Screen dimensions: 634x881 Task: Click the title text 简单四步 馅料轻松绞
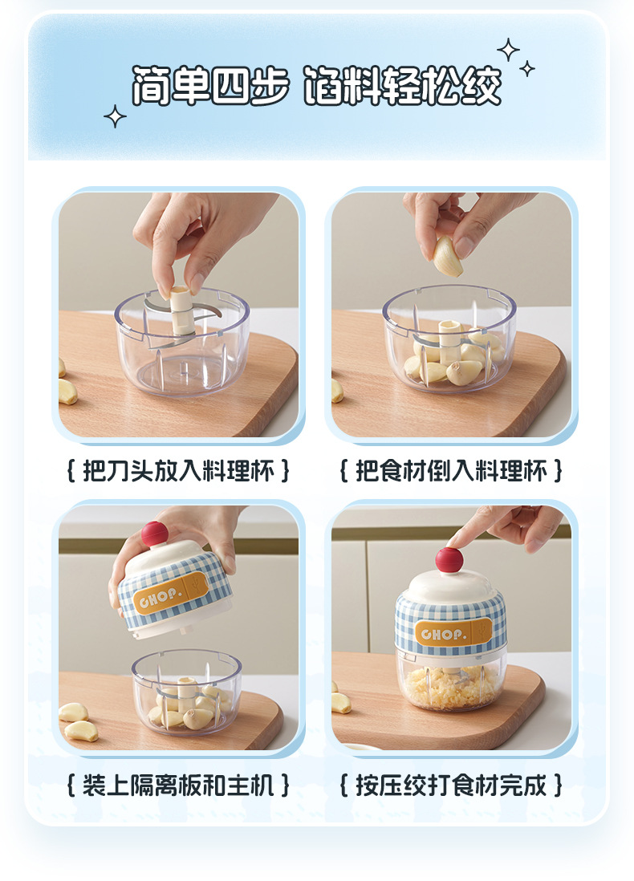316,85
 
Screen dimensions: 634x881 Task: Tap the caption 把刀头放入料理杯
178,471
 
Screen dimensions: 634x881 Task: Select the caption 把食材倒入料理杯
451,471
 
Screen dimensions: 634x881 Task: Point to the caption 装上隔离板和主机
178,785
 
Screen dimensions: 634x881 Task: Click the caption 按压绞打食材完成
451,785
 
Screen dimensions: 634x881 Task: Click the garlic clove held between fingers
447,257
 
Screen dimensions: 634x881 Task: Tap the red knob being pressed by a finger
449,560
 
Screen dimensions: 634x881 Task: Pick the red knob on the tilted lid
155,534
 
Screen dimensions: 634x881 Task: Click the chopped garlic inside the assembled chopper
445,687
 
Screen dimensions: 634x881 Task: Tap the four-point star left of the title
115,116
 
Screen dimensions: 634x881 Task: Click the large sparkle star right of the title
508,50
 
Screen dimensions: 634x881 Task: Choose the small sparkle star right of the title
527,68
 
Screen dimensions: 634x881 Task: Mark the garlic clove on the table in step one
67,391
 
